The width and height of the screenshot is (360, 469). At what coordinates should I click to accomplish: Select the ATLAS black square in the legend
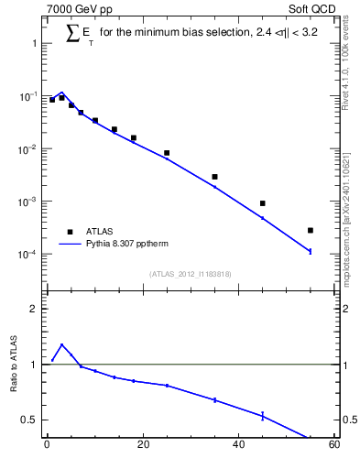point(69,232)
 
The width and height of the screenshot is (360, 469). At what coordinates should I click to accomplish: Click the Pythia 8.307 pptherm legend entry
point(127,245)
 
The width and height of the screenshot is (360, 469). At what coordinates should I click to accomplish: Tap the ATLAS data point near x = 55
point(311,230)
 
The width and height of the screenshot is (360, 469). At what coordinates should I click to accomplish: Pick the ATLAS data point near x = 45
point(262,203)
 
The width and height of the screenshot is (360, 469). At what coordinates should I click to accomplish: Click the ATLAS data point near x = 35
point(214,177)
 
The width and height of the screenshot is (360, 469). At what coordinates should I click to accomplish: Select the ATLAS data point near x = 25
point(167,153)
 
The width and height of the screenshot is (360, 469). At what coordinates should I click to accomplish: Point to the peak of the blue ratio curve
point(61,345)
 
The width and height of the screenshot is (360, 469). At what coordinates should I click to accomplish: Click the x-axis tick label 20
point(142,445)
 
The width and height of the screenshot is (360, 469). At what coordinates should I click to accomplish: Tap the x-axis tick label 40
point(238,445)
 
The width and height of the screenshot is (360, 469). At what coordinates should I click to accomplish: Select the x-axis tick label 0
point(47,445)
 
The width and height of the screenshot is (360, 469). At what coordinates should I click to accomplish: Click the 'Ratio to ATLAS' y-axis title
point(14,364)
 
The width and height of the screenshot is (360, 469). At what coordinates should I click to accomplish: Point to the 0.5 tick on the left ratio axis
point(29,420)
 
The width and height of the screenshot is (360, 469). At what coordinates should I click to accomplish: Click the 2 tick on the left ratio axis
point(33,309)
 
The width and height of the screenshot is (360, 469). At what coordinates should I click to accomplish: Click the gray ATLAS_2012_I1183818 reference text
point(190,273)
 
